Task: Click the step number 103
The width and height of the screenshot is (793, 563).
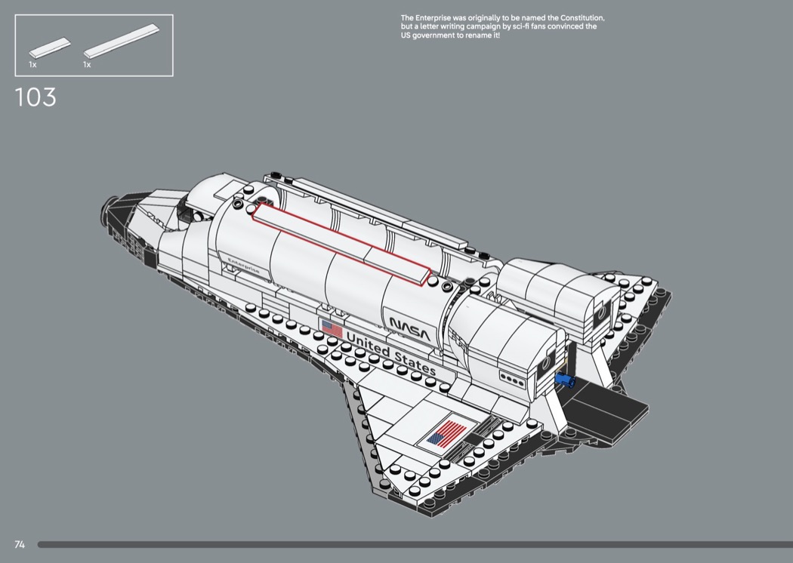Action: click(x=35, y=97)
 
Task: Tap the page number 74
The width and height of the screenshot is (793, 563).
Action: click(x=20, y=544)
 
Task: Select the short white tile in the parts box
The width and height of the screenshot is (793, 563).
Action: click(x=49, y=48)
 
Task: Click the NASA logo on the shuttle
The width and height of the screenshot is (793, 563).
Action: click(x=409, y=328)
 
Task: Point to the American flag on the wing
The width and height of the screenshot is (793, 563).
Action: click(x=446, y=434)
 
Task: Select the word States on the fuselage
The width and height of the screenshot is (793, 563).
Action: click(x=415, y=364)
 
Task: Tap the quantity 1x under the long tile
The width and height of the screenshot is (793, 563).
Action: click(x=87, y=65)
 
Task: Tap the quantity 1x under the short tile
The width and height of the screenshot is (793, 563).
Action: click(x=32, y=65)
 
